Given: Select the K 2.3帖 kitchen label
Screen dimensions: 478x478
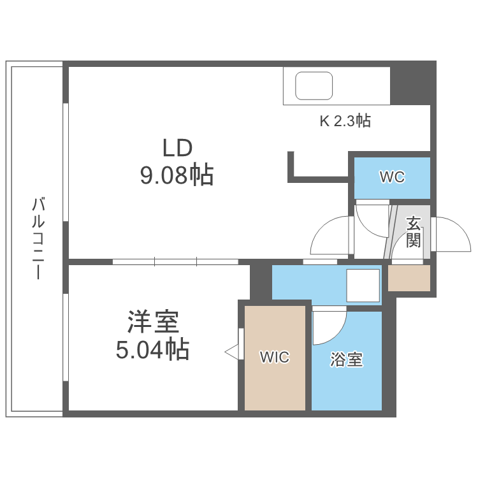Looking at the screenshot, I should (345, 120).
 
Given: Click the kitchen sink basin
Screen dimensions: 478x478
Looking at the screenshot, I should (314, 85).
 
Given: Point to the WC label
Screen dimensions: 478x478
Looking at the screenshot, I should (392, 177).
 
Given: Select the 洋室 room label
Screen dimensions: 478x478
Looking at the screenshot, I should (152, 322).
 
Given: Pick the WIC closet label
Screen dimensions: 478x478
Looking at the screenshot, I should (274, 358).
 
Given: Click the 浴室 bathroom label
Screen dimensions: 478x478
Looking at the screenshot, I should (346, 359).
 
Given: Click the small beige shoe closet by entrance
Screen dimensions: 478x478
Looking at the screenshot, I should (409, 279).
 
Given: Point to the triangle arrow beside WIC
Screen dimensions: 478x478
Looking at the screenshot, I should (231, 351).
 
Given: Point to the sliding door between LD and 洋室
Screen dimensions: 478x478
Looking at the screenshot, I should (175, 261).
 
